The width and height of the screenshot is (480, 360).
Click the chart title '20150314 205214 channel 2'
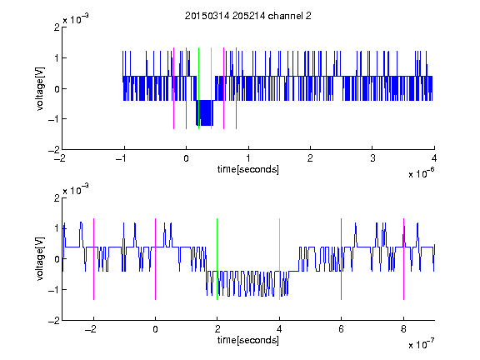(248, 16)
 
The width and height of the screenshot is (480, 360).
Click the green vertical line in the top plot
(198, 88)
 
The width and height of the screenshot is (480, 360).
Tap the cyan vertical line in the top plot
(211, 88)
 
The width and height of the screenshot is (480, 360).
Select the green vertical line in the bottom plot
(217, 259)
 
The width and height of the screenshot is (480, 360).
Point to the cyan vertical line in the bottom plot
(279, 259)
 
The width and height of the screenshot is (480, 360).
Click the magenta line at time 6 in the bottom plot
(342, 259)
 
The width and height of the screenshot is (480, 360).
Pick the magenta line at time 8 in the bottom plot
(404, 259)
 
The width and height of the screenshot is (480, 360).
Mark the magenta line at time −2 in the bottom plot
(93, 259)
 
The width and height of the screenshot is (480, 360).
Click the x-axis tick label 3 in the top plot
(372, 158)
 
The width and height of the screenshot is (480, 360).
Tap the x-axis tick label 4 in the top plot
(434, 158)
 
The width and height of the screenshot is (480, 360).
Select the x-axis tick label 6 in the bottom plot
(342, 329)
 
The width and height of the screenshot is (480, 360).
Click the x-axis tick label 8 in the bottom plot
(403, 329)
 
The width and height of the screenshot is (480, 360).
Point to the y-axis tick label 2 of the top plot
(57, 27)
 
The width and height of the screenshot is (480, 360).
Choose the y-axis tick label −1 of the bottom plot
(54, 290)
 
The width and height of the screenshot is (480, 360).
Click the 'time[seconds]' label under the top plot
(248, 169)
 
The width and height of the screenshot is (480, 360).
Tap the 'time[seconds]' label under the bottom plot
(248, 340)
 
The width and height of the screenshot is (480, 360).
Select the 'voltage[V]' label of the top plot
(40, 88)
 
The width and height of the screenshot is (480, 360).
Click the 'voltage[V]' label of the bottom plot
(40, 259)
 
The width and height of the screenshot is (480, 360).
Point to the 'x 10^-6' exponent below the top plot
(421, 173)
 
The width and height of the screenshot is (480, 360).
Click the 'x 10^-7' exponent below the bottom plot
(421, 344)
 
